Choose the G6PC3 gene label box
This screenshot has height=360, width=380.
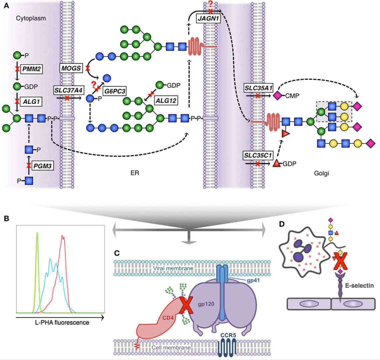(x=114, y=90)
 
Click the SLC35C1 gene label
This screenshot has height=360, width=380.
(x=258, y=155)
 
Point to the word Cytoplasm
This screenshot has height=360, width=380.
(x=31, y=18)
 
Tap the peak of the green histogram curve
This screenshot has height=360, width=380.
(x=37, y=233)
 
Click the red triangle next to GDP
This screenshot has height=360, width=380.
(x=277, y=164)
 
